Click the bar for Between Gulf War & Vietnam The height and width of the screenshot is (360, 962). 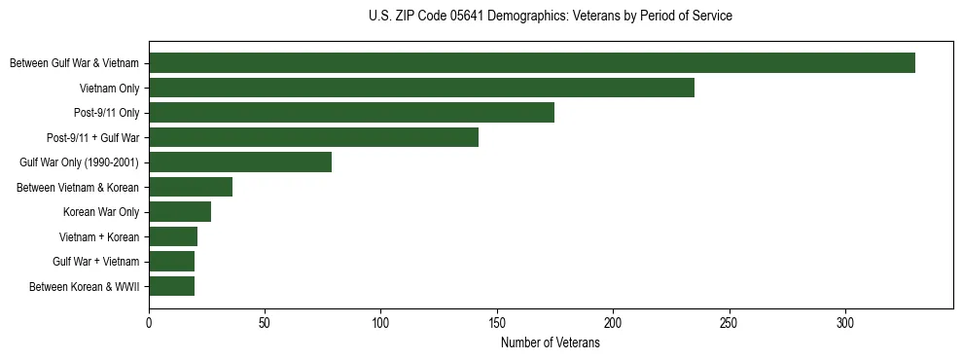pyautogui.click(x=532, y=63)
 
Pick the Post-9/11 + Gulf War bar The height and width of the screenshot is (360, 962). pyautogui.click(x=313, y=137)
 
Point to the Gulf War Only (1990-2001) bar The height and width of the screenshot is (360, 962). pyautogui.click(x=240, y=162)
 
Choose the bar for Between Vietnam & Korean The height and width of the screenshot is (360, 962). pyautogui.click(x=191, y=187)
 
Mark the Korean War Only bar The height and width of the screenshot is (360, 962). pyautogui.click(x=180, y=212)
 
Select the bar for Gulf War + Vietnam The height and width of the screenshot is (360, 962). pyautogui.click(x=171, y=262)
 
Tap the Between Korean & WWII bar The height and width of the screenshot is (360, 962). pyautogui.click(x=171, y=286)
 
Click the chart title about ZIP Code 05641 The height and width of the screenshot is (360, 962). pyautogui.click(x=551, y=17)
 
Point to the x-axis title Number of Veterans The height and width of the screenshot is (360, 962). pyautogui.click(x=551, y=343)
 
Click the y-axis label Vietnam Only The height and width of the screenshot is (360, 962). pyautogui.click(x=110, y=89)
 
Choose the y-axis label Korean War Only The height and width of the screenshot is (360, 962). pyautogui.click(x=101, y=212)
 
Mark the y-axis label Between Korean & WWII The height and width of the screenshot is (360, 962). pyautogui.click(x=85, y=287)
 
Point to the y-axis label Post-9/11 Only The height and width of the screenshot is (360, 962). pyautogui.click(x=107, y=113)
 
